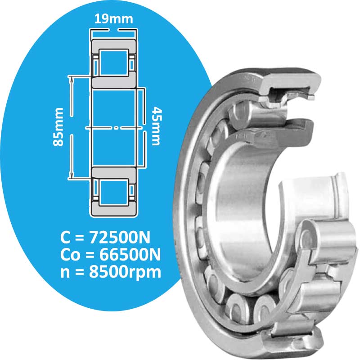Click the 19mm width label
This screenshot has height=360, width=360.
(x=113, y=18)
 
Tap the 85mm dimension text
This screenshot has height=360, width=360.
(x=58, y=127)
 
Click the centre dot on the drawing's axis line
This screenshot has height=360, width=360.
(x=116, y=128)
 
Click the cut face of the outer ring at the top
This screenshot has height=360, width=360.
(x=288, y=83)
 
